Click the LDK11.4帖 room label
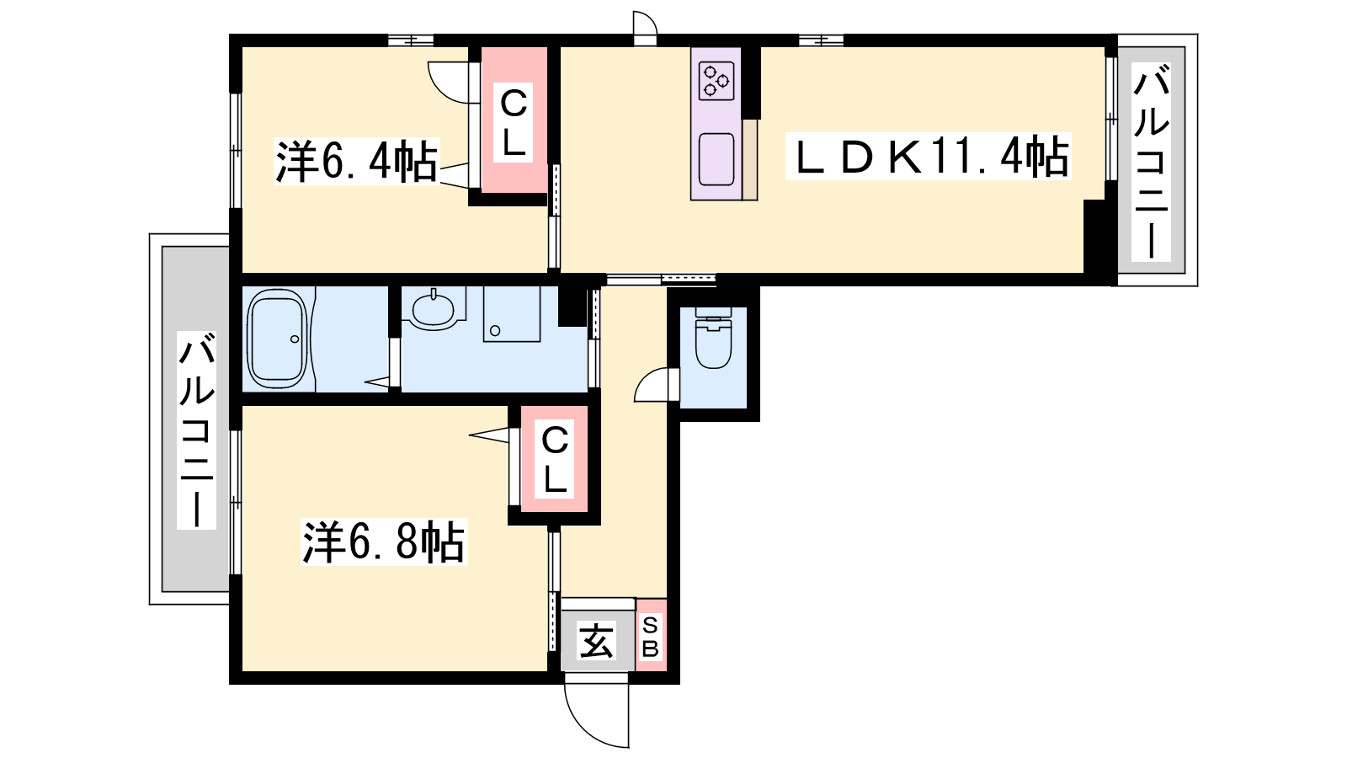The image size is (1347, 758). click(928, 157)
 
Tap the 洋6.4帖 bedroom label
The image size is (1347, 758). click(356, 161)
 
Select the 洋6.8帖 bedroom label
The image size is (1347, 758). click(384, 542)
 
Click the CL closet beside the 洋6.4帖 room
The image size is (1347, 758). click(514, 120)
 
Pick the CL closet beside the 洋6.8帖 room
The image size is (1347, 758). click(555, 459)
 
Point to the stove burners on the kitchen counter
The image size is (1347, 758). click(716, 81)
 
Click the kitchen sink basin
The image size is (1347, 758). click(716, 158)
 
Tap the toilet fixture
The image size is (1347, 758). click(713, 338)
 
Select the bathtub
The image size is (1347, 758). click(277, 339)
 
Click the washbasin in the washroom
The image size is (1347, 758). click(433, 308)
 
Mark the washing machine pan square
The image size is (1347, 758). click(512, 314)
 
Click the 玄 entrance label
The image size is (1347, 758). click(597, 641)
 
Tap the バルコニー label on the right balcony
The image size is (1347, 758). click(1151, 162)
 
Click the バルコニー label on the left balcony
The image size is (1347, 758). click(196, 430)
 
